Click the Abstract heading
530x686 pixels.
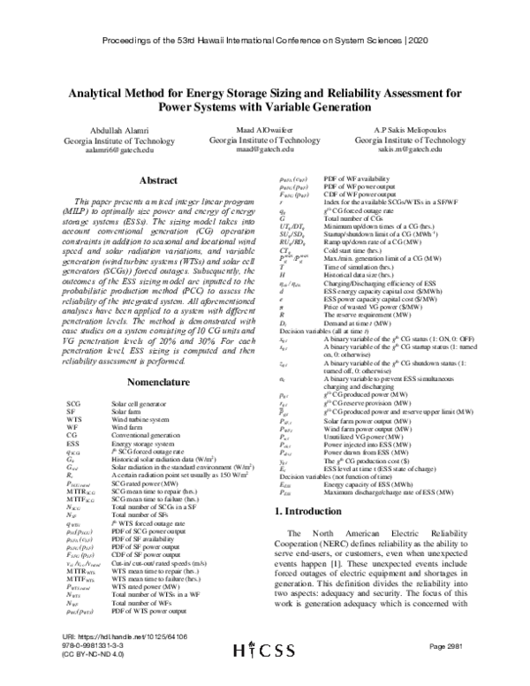pos(141,180)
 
